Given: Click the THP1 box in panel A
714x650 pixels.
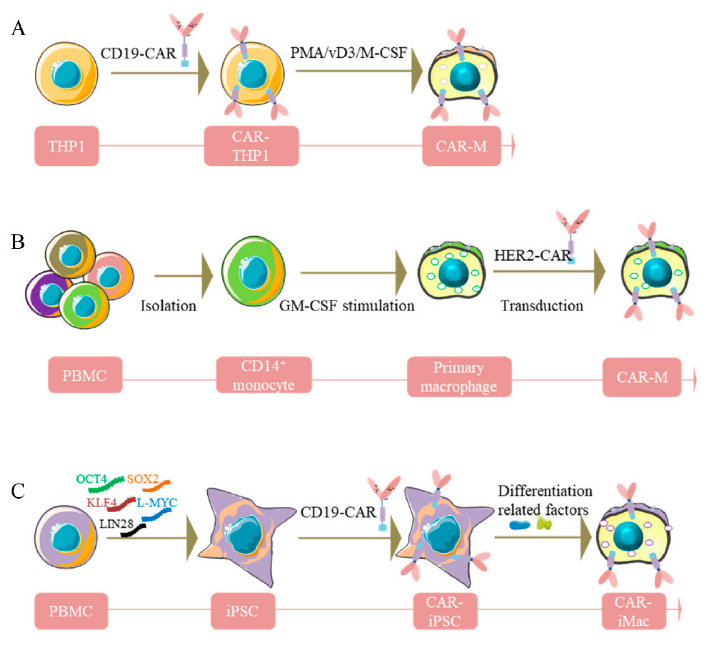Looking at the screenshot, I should (66, 146).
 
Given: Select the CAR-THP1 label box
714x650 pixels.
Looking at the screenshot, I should (251, 146).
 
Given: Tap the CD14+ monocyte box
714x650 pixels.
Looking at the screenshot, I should (264, 375).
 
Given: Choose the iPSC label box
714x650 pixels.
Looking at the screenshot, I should (243, 611).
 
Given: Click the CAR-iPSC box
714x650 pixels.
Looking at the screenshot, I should (445, 611).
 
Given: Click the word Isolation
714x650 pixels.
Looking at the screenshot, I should (168, 306).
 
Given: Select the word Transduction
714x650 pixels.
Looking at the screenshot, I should (542, 306).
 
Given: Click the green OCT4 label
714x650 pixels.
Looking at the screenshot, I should (91, 479).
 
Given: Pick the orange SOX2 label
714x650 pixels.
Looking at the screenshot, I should (143, 479).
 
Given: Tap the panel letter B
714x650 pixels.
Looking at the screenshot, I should (18, 242).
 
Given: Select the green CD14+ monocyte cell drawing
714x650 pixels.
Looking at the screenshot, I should (253, 271).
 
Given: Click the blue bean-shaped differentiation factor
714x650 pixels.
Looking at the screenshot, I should (519, 525).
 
